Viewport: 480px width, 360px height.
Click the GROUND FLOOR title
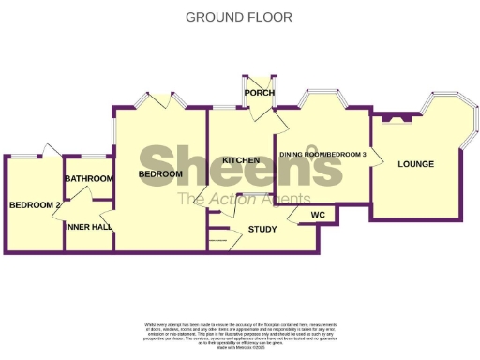click(x=238, y=17)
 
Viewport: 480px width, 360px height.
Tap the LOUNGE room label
click(x=415, y=164)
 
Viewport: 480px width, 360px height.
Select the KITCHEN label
click(x=241, y=160)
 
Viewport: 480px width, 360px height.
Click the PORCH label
click(x=258, y=93)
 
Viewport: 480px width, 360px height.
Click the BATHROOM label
click(x=88, y=178)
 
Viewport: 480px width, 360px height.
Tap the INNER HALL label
click(x=88, y=227)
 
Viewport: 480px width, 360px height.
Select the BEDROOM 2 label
click(x=35, y=205)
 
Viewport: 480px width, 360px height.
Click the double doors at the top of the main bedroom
click(x=159, y=100)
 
